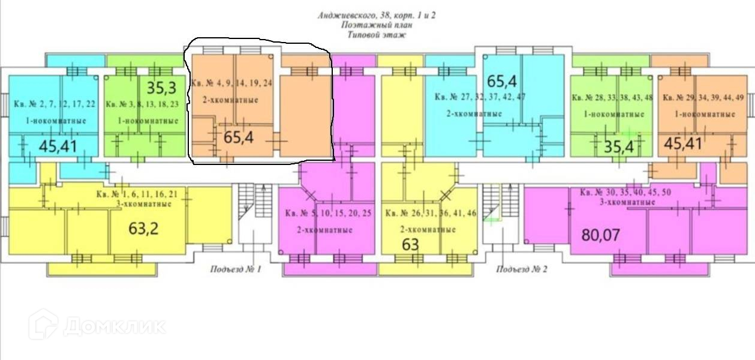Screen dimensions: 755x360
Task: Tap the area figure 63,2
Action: coord(145,228)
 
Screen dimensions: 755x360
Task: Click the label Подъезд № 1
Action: coord(235,269)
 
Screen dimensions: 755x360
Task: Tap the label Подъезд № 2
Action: coord(522,269)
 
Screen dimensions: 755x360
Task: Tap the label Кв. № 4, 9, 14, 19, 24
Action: coord(231,83)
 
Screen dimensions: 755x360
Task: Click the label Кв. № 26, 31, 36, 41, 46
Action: coord(431,213)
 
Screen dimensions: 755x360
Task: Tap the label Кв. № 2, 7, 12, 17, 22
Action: coord(55,104)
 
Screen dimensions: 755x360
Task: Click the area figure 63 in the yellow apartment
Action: coord(410,245)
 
